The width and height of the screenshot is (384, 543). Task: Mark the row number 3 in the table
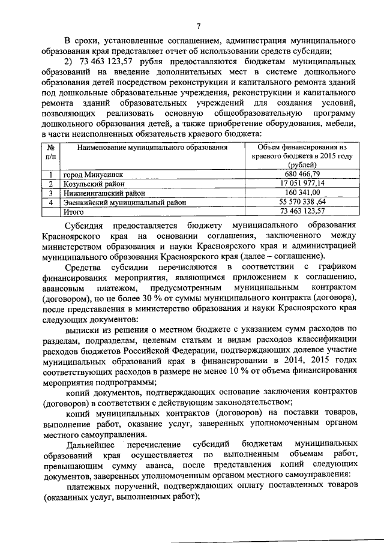[51, 193]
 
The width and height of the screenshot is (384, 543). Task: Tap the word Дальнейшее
[91, 445]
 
